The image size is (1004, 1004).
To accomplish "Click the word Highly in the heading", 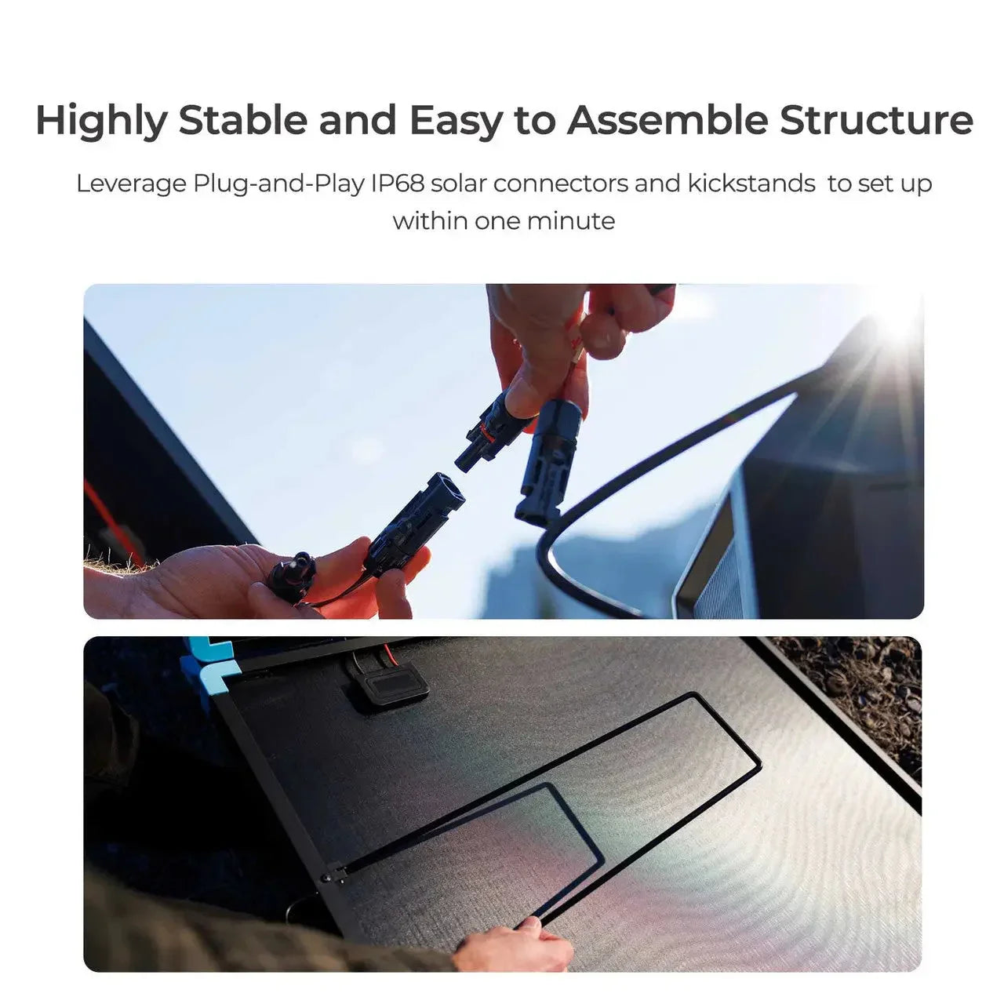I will [x=101, y=121].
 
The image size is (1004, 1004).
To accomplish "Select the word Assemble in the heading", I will [x=667, y=121].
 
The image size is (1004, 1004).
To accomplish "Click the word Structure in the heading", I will [x=876, y=121].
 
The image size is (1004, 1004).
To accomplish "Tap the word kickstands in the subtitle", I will [x=751, y=184].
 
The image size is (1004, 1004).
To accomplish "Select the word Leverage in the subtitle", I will [x=132, y=184].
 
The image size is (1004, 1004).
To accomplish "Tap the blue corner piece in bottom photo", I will [x=204, y=659].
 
